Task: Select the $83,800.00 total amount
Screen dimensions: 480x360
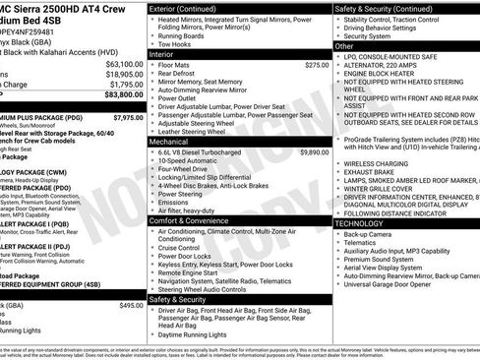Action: pyautogui.click(x=124, y=95)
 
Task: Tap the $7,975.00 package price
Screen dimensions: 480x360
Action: pyautogui.click(x=127, y=117)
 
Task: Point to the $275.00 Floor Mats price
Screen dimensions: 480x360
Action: pyautogui.click(x=317, y=64)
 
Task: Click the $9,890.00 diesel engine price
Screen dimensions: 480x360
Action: pyautogui.click(x=314, y=152)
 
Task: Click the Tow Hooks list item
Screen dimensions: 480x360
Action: pyautogui.click(x=175, y=43)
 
